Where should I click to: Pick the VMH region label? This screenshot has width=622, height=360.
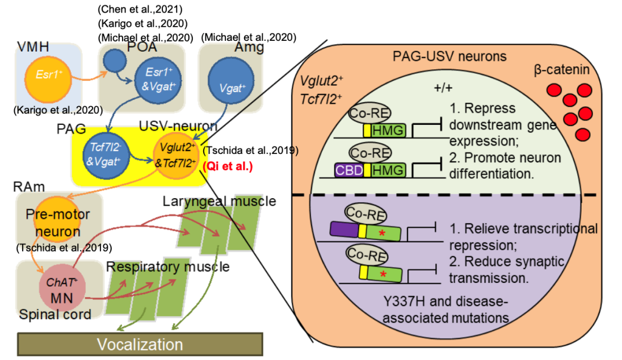32,48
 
